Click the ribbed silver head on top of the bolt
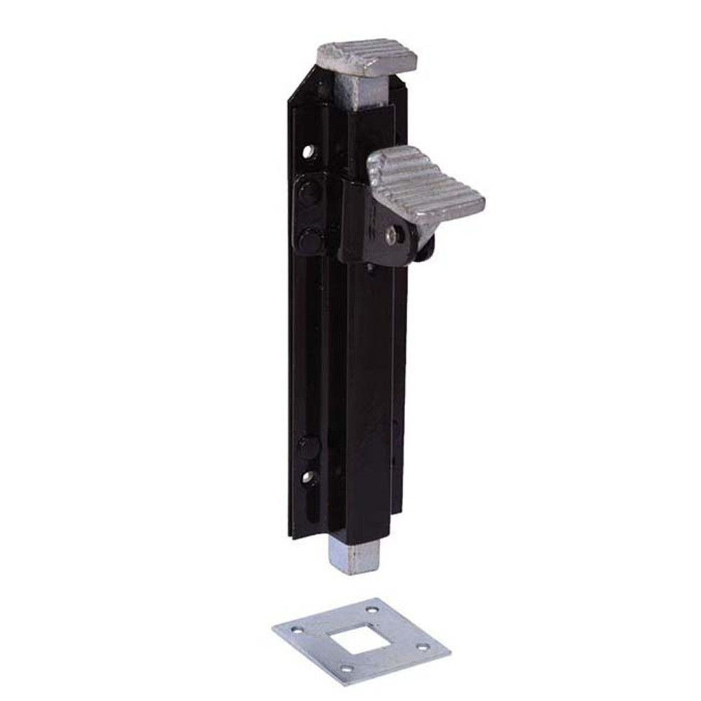[x=367, y=56]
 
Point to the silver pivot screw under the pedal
[x=390, y=236]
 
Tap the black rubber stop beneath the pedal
[x=424, y=247]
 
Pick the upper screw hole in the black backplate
[x=308, y=151]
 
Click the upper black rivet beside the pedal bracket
[x=308, y=193]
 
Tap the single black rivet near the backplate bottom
[x=308, y=446]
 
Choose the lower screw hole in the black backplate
[x=308, y=477]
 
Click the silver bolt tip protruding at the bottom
[x=355, y=557]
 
